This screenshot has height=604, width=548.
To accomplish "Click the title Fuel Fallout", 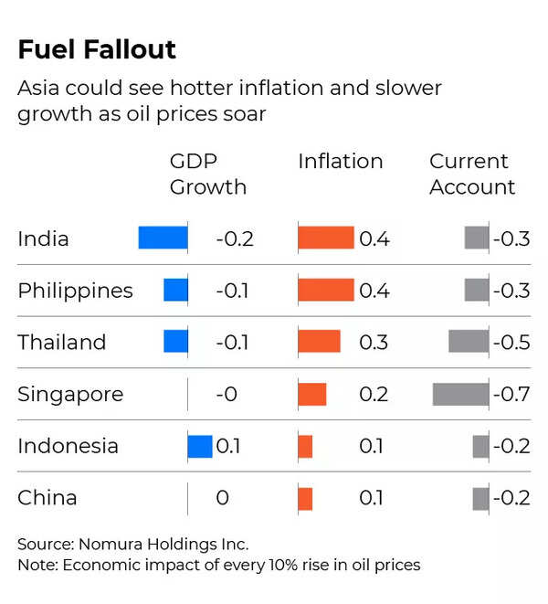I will pos(97,49).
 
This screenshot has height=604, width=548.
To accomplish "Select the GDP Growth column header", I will pos(208,174).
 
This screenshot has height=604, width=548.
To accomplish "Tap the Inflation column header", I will pos(340,162).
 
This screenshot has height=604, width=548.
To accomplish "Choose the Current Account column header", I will pos(472,174).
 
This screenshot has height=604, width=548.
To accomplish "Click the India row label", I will pos(43,238).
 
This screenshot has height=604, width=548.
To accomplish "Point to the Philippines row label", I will pos(75,291).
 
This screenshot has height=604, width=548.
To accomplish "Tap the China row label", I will pos(47,498).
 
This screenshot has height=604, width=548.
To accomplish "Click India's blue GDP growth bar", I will pos(163,238).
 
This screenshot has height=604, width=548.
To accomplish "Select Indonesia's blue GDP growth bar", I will pos(200,446).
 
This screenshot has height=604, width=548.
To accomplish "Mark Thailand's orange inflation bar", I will pos(319,342).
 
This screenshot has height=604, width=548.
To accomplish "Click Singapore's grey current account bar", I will pos(460,394).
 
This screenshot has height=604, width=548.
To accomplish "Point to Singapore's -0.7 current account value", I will pos(511,395).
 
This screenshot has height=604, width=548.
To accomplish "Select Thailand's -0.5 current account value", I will pos(511,343).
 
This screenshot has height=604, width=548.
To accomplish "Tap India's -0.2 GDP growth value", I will pos(235,239).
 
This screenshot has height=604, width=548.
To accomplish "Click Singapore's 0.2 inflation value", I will pos(374,395).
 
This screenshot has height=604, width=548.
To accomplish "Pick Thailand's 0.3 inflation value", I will pos(374,343).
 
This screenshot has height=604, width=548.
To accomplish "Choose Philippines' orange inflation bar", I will pos(326,291).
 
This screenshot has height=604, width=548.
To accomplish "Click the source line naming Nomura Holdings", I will pos(133,544).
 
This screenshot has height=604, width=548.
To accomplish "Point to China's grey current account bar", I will pos(480,498).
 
